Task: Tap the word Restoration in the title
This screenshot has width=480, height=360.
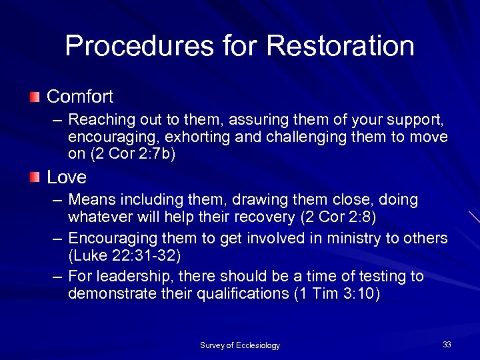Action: pyautogui.click(x=340, y=46)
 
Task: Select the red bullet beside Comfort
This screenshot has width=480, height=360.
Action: pyautogui.click(x=35, y=97)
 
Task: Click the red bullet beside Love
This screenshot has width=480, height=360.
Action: pyautogui.click(x=35, y=177)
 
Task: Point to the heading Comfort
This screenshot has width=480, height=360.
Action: pyautogui.click(x=80, y=97)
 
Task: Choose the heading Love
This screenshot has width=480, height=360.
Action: pyautogui.click(x=67, y=177)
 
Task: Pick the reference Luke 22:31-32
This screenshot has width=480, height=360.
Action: pyautogui.click(x=124, y=255)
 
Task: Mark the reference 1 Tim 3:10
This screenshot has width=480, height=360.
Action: pyautogui.click(x=337, y=295)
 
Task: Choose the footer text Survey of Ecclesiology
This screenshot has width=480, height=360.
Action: pyautogui.click(x=240, y=345)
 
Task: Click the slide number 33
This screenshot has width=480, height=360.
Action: pyautogui.click(x=447, y=345)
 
